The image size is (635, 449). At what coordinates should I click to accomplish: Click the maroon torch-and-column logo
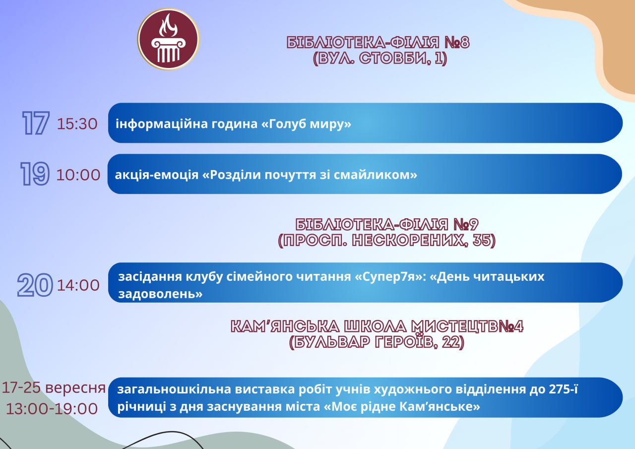[168, 39]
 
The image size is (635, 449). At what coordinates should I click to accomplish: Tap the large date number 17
[36, 123]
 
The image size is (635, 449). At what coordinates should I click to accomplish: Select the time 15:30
[77, 124]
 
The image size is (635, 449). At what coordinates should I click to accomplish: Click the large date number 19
[35, 174]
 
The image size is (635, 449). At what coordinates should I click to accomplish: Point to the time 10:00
[78, 175]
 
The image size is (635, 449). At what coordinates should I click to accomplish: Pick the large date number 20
[35, 285]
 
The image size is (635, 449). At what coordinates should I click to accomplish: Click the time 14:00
[78, 285]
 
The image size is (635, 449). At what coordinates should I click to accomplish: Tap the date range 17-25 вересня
[54, 387]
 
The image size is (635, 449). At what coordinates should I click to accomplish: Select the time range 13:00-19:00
[52, 409]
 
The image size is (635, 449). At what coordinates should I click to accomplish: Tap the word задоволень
[160, 294]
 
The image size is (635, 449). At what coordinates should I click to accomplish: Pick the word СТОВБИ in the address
[394, 59]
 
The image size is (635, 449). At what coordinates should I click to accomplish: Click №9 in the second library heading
[465, 224]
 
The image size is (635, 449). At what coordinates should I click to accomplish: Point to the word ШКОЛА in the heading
[376, 326]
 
